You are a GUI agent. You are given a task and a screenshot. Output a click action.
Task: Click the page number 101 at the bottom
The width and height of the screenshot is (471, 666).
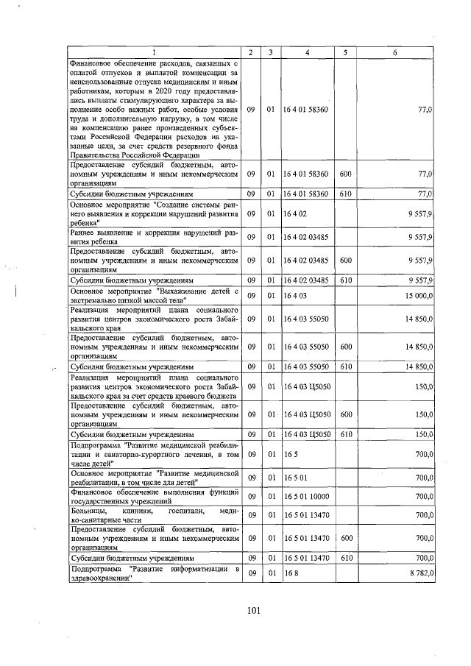point(254,609)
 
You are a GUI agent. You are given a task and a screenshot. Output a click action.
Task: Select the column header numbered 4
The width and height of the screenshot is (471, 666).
point(305,52)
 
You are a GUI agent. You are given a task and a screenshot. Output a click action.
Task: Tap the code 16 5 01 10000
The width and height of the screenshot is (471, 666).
point(307,497)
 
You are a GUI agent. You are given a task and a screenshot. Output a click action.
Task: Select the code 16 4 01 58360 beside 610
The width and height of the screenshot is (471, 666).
point(307,194)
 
